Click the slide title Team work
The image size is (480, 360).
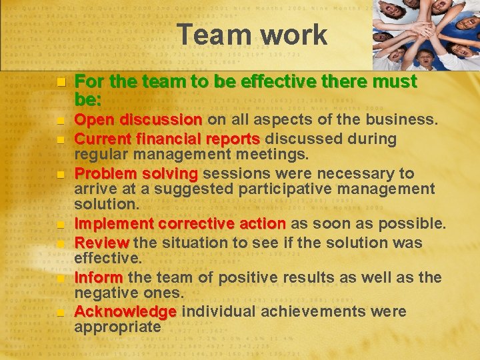click(253, 35)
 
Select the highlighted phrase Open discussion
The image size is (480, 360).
click(139, 120)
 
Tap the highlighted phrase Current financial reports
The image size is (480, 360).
click(167, 139)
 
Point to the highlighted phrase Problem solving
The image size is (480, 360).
click(136, 174)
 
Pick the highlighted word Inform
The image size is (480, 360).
click(99, 277)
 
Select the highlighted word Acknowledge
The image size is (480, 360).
click(125, 311)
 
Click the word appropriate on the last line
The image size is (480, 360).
click(117, 327)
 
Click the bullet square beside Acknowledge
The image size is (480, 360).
click(60, 313)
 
